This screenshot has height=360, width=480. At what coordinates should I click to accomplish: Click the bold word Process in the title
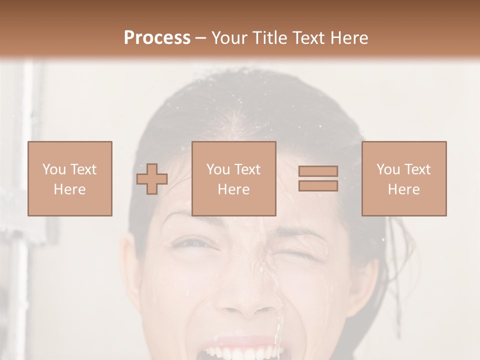[157, 38]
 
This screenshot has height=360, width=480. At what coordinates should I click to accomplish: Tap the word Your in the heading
[230, 38]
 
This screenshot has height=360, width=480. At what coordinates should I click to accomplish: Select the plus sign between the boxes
[152, 179]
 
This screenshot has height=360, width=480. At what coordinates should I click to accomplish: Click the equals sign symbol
[318, 178]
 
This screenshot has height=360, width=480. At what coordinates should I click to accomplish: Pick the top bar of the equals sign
[318, 171]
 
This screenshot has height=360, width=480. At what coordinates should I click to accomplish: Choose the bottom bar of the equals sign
[318, 185]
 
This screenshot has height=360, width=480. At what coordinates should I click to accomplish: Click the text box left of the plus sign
[70, 178]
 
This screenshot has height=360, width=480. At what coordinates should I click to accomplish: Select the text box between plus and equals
[234, 178]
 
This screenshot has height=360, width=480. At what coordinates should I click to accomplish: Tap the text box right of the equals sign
[404, 178]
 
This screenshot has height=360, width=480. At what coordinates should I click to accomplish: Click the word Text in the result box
[417, 169]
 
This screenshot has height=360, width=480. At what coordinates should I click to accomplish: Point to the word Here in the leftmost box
[70, 189]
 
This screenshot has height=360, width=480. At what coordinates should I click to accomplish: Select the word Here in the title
[349, 38]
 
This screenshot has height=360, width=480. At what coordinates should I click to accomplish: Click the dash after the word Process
[200, 38]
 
